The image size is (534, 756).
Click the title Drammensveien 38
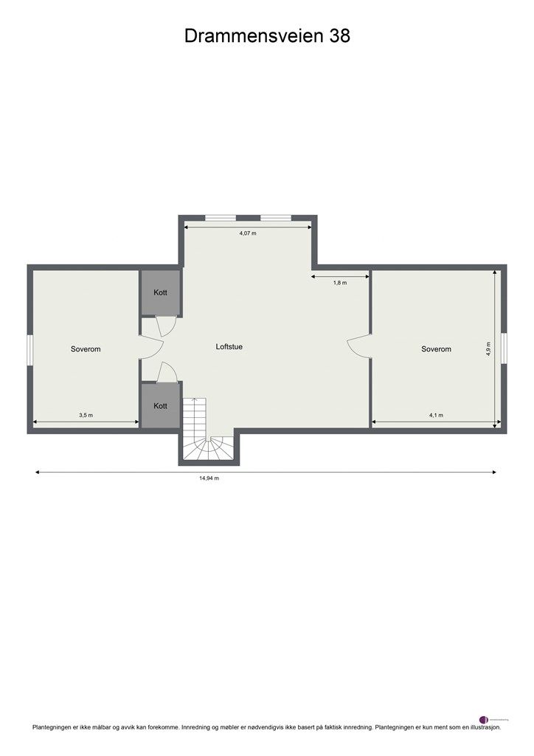[267, 36]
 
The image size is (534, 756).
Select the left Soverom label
[86, 349]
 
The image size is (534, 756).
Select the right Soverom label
[436, 349]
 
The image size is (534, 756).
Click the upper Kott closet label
[160, 293]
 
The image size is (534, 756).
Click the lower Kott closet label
[160, 406]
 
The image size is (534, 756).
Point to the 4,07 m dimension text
[248, 233]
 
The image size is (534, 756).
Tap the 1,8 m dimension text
[340, 283]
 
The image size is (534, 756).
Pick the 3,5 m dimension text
[86, 416]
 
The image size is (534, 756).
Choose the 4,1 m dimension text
[436, 416]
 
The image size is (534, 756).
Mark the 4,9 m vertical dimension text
[488, 348]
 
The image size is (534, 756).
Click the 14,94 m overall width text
[209, 478]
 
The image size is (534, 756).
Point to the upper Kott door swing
[166, 326]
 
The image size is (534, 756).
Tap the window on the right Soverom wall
[504, 348]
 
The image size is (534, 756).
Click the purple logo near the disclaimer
[484, 719]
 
